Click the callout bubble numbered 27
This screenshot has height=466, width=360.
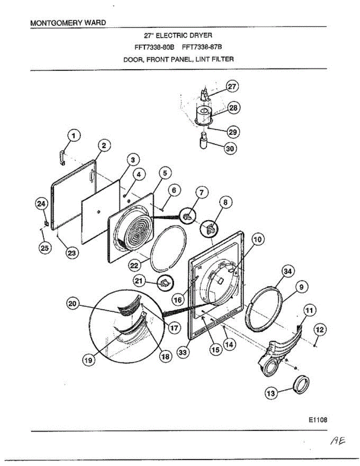[232, 87]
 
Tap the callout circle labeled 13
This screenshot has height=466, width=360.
[271, 394]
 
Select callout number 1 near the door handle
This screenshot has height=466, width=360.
[74, 136]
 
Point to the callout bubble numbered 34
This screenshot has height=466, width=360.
[287, 272]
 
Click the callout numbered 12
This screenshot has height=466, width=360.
[320, 330]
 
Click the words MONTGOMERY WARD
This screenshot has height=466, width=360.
[68, 23]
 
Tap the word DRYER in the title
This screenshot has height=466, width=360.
[198, 36]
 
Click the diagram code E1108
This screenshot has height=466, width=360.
[318, 420]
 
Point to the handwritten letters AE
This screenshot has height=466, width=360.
[337, 441]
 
